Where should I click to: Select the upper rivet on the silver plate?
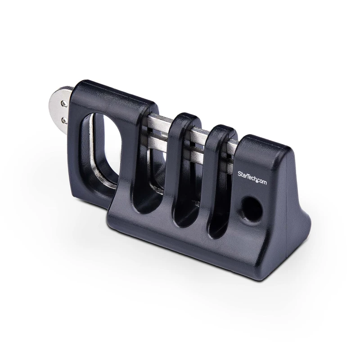click(64, 103)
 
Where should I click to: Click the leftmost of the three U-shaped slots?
click(144, 180)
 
